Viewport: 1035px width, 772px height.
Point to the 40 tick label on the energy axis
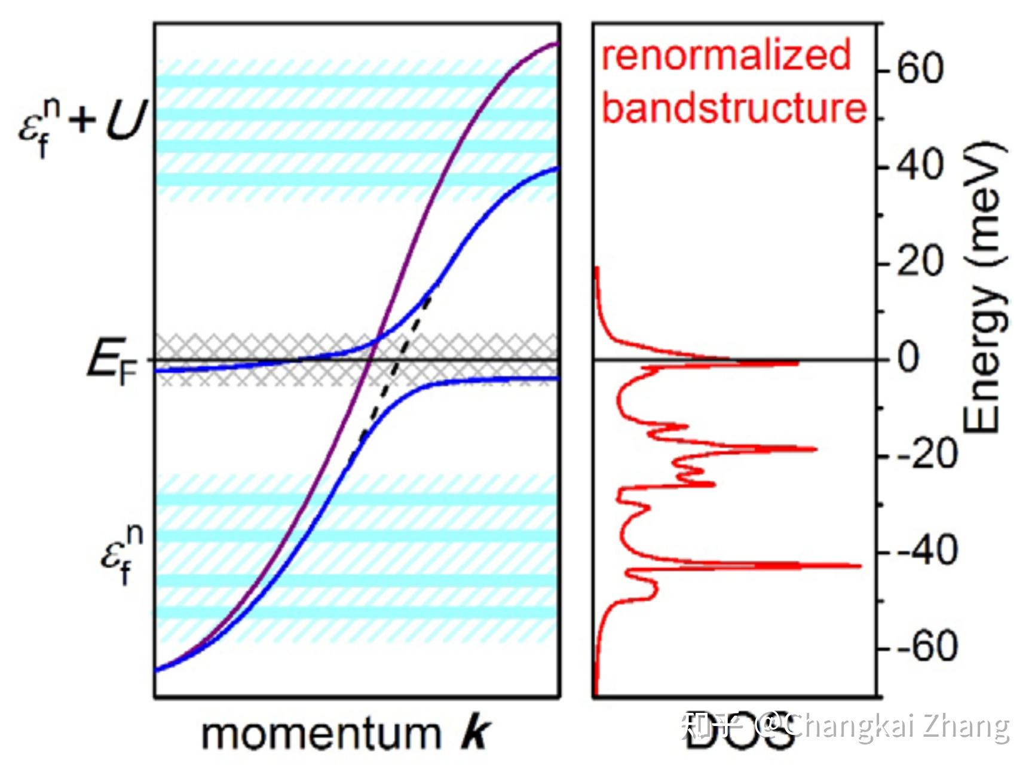pos(921,166)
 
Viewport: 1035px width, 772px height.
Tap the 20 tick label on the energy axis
pos(920,262)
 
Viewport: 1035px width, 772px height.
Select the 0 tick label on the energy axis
pos(909,359)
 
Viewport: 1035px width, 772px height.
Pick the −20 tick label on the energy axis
pos(927,455)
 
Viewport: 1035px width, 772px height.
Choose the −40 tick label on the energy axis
pos(927,551)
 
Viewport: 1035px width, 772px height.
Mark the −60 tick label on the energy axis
pos(927,647)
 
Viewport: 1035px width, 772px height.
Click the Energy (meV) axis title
pos(984,287)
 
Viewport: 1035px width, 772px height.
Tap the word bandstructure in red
pos(734,108)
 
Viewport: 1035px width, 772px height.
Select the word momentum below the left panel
pos(321,734)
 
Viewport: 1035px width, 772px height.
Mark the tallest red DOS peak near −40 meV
pos(858,565)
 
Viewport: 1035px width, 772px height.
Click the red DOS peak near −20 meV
pos(814,449)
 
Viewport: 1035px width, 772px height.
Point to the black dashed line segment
pos(394,370)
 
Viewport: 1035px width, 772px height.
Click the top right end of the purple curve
pos(555,44)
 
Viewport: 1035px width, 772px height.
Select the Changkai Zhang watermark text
pos(896,726)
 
